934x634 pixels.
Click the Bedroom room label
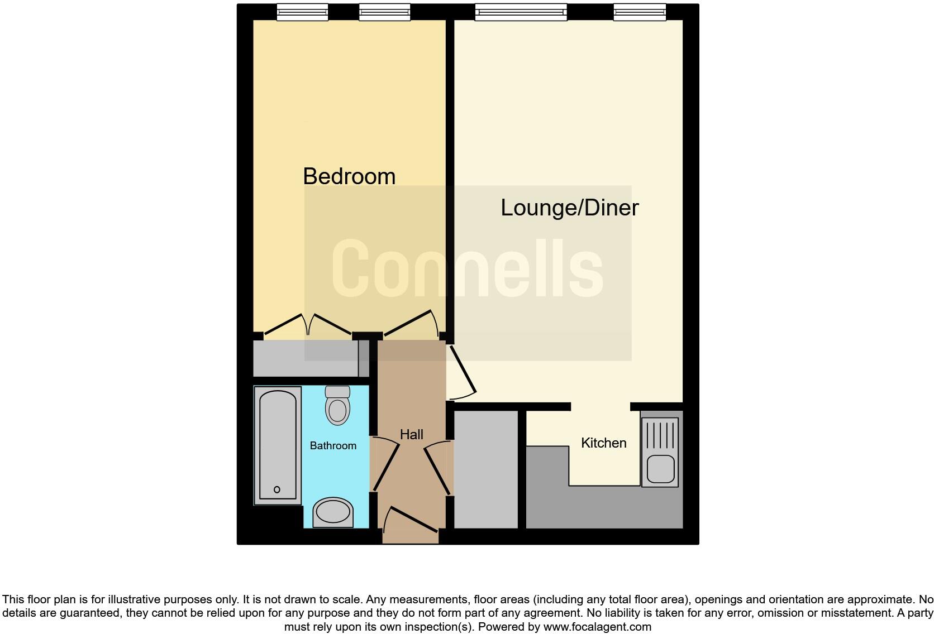click(x=349, y=176)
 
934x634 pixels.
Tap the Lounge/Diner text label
click(x=569, y=208)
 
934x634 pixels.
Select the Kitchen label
click(x=603, y=443)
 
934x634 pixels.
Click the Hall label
click(x=412, y=434)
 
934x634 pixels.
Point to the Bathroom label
click(x=333, y=445)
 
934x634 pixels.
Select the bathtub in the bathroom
click(x=278, y=445)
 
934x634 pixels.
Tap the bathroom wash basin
click(x=333, y=512)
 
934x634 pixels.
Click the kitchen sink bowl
click(x=660, y=469)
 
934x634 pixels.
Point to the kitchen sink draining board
click(x=660, y=435)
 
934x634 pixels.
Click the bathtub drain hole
click(x=277, y=489)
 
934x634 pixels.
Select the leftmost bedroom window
click(x=302, y=12)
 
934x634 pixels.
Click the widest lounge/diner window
click(x=521, y=12)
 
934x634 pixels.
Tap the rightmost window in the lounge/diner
click(x=640, y=12)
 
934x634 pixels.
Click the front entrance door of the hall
click(x=412, y=519)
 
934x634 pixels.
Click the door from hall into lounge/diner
click(x=463, y=371)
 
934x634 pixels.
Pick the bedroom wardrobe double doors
click(x=308, y=325)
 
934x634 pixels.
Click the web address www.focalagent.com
click(x=597, y=627)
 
